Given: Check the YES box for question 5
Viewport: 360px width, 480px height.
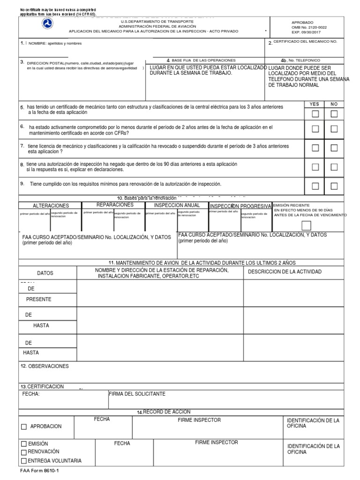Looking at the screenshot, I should [315, 114].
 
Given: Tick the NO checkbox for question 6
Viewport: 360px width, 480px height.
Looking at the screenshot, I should [334, 129].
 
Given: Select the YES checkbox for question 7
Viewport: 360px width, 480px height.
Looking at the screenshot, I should [315, 148].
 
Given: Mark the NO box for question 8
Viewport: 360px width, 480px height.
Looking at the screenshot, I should [334, 167].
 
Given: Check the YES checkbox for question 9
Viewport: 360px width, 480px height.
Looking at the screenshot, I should [315, 186].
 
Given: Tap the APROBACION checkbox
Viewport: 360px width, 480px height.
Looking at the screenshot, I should [24, 427].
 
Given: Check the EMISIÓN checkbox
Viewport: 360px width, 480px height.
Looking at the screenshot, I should [24, 443].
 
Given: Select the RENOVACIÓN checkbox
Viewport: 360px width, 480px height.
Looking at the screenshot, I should [24, 452].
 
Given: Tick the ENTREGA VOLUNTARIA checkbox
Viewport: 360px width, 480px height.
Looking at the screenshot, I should [24, 461].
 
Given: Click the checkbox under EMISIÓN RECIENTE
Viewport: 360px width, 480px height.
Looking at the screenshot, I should [306, 225].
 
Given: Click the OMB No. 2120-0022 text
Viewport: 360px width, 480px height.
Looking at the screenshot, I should [309, 28].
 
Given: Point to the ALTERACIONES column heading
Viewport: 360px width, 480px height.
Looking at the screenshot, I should [51, 206].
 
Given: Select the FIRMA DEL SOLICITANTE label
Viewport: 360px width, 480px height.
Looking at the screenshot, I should [137, 394].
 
